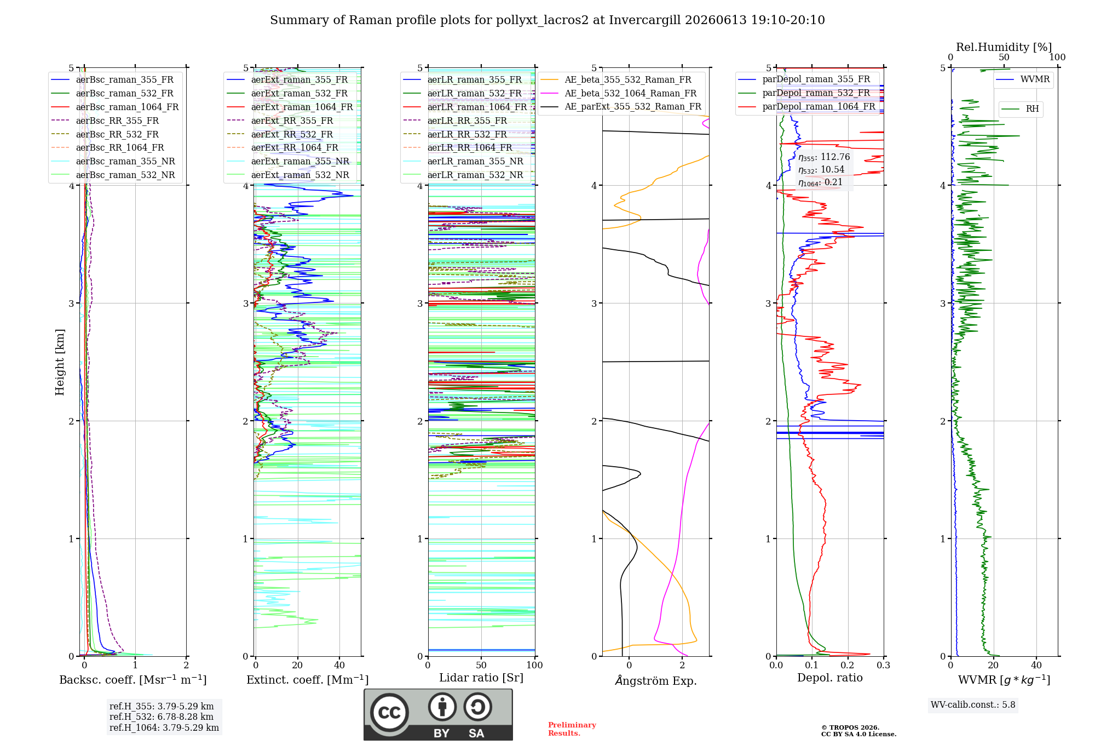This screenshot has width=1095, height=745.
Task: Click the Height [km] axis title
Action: (60, 362)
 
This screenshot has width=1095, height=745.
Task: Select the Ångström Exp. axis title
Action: (656, 680)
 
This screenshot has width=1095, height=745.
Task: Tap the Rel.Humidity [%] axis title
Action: (1004, 47)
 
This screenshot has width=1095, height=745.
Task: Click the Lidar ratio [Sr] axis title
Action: (481, 678)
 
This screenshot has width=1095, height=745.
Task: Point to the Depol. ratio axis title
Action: (830, 678)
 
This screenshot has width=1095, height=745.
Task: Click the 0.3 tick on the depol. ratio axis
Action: (884, 665)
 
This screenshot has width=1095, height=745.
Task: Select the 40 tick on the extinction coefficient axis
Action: (339, 665)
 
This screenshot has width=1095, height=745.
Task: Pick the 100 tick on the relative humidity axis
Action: (1057, 57)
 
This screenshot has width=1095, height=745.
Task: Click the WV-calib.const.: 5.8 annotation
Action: (973, 704)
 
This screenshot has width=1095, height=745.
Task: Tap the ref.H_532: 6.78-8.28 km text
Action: (162, 717)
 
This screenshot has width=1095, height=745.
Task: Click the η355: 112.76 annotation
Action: (824, 157)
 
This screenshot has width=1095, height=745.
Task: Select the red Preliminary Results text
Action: (572, 729)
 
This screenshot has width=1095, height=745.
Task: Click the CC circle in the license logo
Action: (389, 712)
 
